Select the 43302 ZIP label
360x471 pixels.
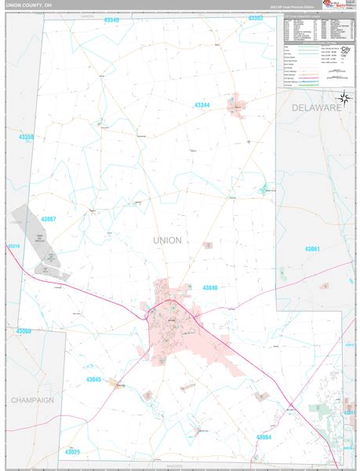pyautogui.click(x=256, y=17)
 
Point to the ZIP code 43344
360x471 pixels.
pyautogui.click(x=202, y=104)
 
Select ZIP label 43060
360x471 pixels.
pyautogui.click(x=24, y=331)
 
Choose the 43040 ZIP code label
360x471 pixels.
pyautogui.click(x=209, y=287)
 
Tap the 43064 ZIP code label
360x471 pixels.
pyautogui.click(x=263, y=436)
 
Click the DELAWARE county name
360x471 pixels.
pyautogui.click(x=318, y=106)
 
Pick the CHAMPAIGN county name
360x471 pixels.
pyautogui.click(x=32, y=400)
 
